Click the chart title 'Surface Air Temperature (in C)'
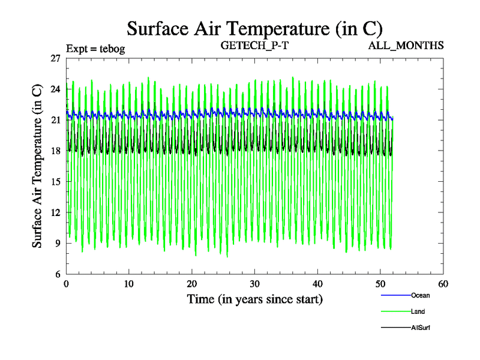coord(254,28)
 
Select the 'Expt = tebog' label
coord(95,49)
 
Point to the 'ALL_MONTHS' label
coord(406,45)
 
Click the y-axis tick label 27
coord(55,58)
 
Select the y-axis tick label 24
coord(55,89)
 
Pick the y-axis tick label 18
coord(55,151)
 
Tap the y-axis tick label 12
coord(55,212)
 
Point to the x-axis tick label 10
coord(128,283)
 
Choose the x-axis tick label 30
coord(254,283)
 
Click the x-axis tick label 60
coord(443,283)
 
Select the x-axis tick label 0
coord(66,283)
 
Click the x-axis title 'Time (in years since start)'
coord(254,298)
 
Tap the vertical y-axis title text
coord(37,166)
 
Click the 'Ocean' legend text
coord(421,295)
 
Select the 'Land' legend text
coord(418,311)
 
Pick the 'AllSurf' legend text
coord(421,328)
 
